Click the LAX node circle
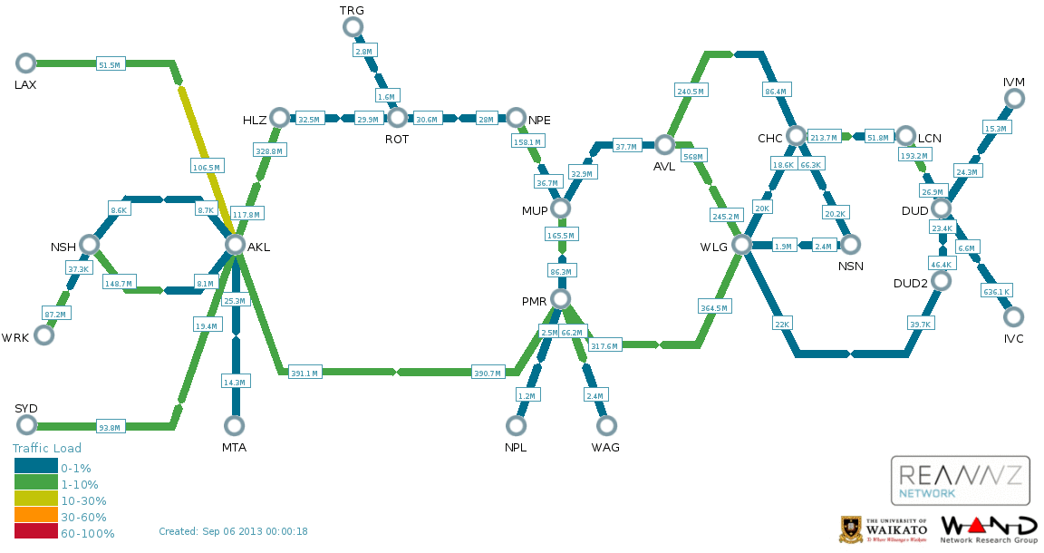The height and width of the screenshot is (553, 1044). tap(25, 63)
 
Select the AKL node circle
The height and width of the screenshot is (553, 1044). tap(235, 245)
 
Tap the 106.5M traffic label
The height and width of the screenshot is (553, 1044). tap(207, 166)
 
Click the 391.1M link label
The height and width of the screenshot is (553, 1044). tap(304, 373)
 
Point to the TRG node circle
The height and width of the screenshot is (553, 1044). tap(353, 27)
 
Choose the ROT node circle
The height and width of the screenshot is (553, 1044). tap(397, 118)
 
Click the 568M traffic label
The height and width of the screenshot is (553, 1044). tap(693, 157)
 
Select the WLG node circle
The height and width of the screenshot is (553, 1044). tap(741, 245)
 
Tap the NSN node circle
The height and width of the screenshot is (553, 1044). tap(850, 245)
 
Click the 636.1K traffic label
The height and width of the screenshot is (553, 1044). tap(997, 291)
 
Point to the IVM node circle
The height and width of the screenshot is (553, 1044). tap(1013, 100)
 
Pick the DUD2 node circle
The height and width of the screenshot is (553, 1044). tap(941, 281)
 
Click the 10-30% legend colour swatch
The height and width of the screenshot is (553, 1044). tap(35, 500)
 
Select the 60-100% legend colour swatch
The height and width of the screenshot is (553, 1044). tap(35, 533)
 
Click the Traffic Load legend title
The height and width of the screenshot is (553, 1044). tap(47, 448)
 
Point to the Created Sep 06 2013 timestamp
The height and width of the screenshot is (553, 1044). tap(233, 531)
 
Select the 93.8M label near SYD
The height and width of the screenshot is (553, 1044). tap(110, 427)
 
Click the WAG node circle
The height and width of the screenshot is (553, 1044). tap(605, 425)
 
